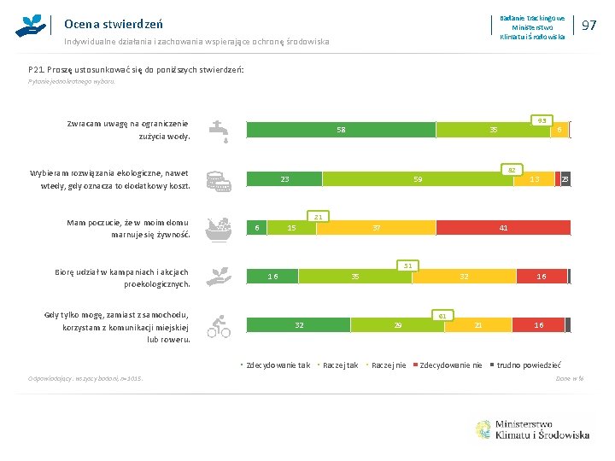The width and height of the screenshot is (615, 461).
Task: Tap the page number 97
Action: (588, 26)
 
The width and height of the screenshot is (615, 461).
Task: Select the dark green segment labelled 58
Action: (341, 130)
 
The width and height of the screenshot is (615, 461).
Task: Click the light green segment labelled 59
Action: (417, 179)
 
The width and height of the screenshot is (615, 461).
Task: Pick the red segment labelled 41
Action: (503, 228)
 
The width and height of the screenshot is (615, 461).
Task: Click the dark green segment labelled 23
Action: (284, 179)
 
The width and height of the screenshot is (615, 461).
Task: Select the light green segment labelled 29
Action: (398, 325)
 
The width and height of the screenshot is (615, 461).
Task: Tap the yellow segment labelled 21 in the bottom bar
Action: (478, 325)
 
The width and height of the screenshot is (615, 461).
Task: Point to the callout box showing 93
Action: (540, 120)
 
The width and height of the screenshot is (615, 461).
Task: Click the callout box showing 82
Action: (510, 169)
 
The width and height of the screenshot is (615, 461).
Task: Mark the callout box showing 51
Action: (408, 266)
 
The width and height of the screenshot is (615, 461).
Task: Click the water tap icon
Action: (220, 131)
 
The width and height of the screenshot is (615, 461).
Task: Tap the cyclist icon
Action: (220, 325)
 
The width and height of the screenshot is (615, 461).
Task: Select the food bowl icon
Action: (220, 229)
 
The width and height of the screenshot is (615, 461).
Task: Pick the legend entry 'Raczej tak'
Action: (340, 365)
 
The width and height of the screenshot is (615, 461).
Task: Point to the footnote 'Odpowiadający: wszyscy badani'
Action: (75, 377)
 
